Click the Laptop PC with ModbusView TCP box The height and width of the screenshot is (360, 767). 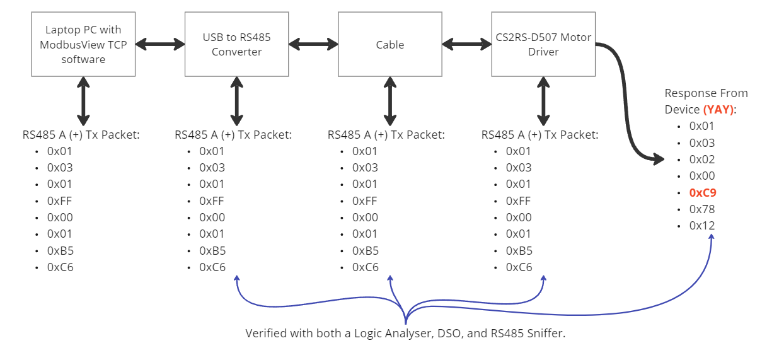tap(83, 45)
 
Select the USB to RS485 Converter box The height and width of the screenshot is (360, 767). tap(236, 45)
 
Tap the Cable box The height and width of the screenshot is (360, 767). tap(390, 45)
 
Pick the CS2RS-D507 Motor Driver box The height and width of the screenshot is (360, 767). tap(543, 45)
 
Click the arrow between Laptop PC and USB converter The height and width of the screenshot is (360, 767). tap(160, 44)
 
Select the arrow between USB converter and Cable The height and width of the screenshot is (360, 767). tap(313, 44)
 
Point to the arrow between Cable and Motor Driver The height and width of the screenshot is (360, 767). tap(467, 44)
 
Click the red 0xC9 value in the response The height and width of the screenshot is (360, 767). tap(703, 192)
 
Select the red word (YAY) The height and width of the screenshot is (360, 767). tap(718, 109)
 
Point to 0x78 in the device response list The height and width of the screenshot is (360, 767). tap(702, 209)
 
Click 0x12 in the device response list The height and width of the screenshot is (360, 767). tap(702, 225)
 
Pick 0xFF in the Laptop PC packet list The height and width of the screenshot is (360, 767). tap(60, 200)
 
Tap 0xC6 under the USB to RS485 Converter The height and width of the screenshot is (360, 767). tap(212, 267)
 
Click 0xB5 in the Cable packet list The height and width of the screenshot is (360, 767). tap(366, 250)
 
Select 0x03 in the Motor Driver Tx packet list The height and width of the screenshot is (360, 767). tap(519, 167)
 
